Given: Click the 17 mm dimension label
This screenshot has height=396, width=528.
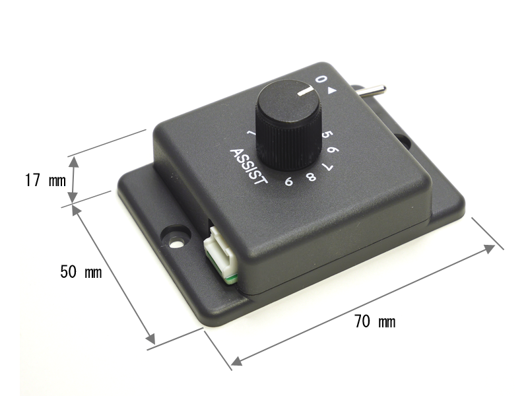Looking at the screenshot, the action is [46, 180].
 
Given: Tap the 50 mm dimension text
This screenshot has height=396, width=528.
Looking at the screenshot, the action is [81, 272].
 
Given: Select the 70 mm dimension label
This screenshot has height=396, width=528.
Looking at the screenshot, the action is [375, 321].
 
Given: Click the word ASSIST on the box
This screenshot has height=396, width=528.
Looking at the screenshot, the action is [249, 167].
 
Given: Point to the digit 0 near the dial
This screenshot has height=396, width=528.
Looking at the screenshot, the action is [321, 79].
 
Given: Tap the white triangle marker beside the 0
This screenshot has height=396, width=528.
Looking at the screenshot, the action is [332, 90].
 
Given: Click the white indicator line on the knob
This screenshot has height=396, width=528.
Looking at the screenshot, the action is [306, 90].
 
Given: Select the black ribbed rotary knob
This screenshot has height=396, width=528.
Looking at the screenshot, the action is [289, 125].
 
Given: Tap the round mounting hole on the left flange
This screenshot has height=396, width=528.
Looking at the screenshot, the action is [176, 242].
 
